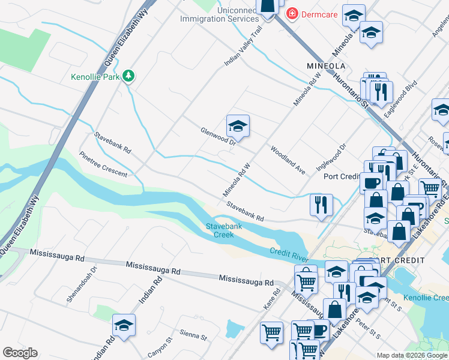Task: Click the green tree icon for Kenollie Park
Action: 128,76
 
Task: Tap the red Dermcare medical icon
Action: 292,13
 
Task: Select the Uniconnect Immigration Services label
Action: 220,13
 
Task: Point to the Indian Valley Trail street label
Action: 244,46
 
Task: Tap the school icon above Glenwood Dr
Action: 238,126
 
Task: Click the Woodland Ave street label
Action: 288,160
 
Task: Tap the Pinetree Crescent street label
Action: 103,164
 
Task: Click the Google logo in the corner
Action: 20,352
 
